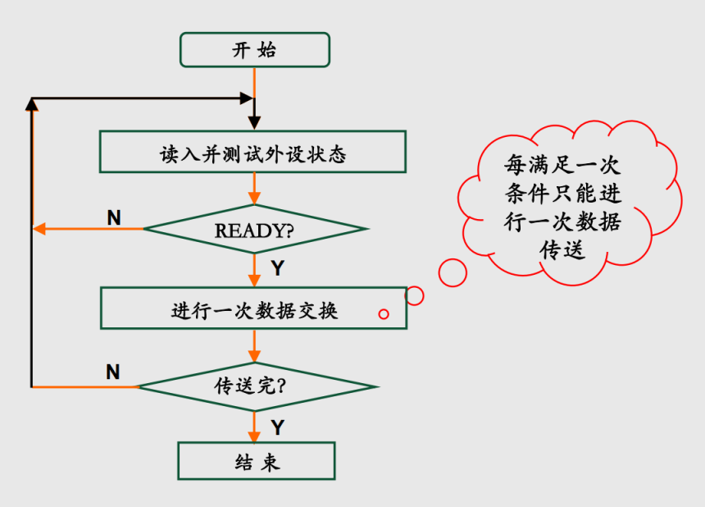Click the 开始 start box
pyautogui.click(x=254, y=49)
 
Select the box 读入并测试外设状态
pyautogui.click(x=252, y=152)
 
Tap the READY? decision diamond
pyautogui.click(x=254, y=229)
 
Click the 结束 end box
pyautogui.click(x=257, y=461)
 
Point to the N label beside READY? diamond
pyautogui.click(x=114, y=217)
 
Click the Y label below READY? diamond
pyautogui.click(x=277, y=268)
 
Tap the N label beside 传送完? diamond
pyautogui.click(x=113, y=372)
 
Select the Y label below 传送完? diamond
pyautogui.click(x=277, y=427)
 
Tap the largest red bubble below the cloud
pyautogui.click(x=453, y=272)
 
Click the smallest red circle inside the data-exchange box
pyautogui.click(x=383, y=313)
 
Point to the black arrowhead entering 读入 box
pyautogui.click(x=254, y=122)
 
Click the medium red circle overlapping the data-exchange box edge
pyautogui.click(x=415, y=295)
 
